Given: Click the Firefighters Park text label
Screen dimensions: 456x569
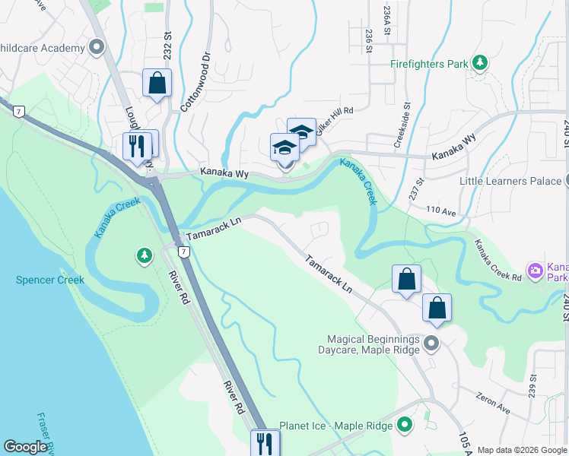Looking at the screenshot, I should click(x=429, y=64).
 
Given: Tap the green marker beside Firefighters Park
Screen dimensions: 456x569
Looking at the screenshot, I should click(x=479, y=63).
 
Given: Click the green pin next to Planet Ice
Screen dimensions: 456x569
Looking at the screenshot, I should click(x=404, y=424).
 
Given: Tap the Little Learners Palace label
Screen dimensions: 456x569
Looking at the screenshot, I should click(x=510, y=181).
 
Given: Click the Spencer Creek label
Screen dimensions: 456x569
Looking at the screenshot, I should click(x=50, y=280).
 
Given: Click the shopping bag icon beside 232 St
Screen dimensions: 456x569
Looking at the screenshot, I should click(x=157, y=84).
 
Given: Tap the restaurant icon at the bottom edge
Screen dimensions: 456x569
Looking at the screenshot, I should click(x=265, y=443).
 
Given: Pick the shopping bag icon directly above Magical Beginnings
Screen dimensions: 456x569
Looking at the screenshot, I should click(x=437, y=309).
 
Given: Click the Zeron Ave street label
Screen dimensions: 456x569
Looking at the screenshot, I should click(x=493, y=402).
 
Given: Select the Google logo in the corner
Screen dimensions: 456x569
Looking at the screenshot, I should click(x=25, y=447).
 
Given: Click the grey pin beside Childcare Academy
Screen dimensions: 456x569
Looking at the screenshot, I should click(x=96, y=49).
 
